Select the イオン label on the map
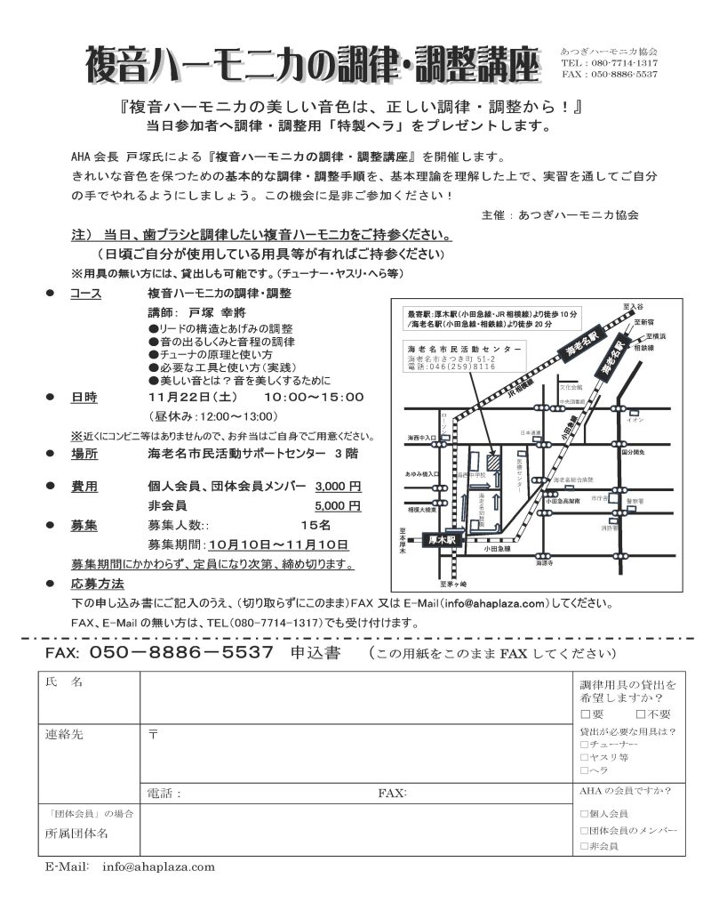click(635, 420)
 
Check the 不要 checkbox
click(642, 714)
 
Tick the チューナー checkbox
click(583, 744)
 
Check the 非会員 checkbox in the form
click(583, 846)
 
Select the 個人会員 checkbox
click(583, 813)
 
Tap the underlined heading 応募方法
click(97, 584)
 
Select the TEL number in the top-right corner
click(610, 64)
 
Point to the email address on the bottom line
click(159, 866)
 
